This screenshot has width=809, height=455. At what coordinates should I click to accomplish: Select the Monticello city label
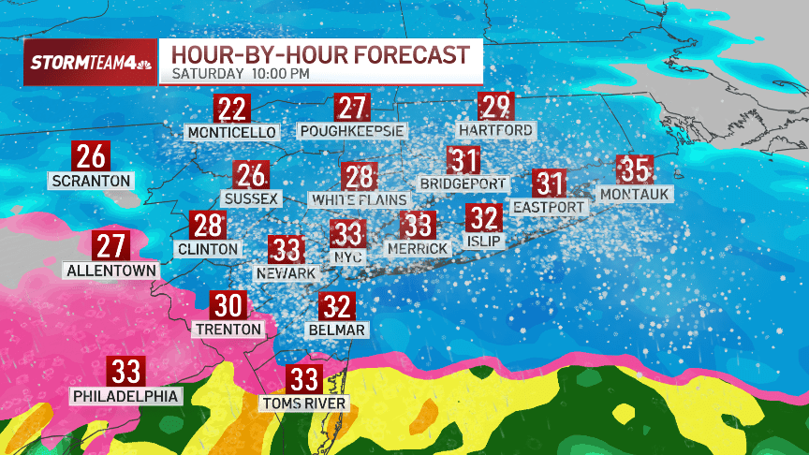point(232,132)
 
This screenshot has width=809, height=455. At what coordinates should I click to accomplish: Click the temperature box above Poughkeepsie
point(353,108)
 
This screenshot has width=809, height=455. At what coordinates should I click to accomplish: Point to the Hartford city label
point(496,130)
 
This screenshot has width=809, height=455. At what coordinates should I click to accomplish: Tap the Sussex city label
point(251,198)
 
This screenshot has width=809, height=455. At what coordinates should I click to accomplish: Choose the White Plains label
point(360,199)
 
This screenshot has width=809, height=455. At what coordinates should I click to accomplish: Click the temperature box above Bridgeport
point(464,160)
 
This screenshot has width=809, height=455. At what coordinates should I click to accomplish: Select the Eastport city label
point(549,207)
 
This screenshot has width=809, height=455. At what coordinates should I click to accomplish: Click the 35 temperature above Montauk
point(635,170)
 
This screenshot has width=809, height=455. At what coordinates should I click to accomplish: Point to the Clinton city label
point(208,249)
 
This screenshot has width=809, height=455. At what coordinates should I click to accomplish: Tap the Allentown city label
point(110,271)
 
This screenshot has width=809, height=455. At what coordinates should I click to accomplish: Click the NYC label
point(348,254)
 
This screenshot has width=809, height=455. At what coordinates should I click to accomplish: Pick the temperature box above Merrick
point(419,225)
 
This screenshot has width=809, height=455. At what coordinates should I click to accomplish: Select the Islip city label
point(484,242)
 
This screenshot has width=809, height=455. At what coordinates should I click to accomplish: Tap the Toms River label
point(304,404)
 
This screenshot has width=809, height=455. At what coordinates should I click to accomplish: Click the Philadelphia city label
point(125,396)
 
